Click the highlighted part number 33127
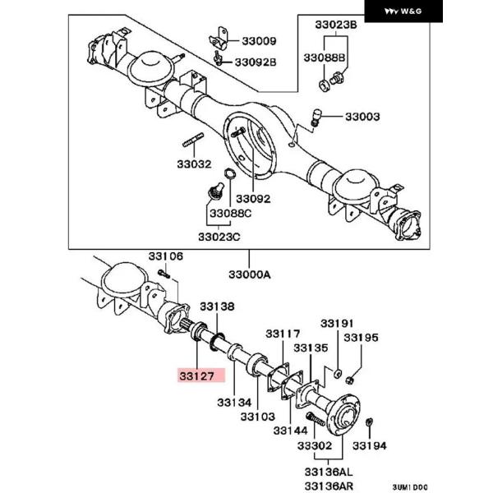coord(197,376)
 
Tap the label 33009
coord(259,41)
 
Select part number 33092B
coord(256,62)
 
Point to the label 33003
coord(362,117)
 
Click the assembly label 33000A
coord(250,274)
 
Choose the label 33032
coord(194,164)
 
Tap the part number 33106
coord(165,256)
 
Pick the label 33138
coord(217,306)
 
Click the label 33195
coord(361,338)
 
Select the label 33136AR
coord(329,486)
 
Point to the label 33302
coord(315,445)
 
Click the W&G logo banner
coord(403,12)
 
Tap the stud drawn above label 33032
coord(193,140)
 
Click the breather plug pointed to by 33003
coord(316,117)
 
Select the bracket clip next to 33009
coord(219,39)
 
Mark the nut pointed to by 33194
coord(370,423)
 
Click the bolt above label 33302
coord(315,419)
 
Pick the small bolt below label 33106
coord(164,274)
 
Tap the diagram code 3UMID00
coord(410,487)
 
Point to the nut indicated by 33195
coord(348,380)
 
